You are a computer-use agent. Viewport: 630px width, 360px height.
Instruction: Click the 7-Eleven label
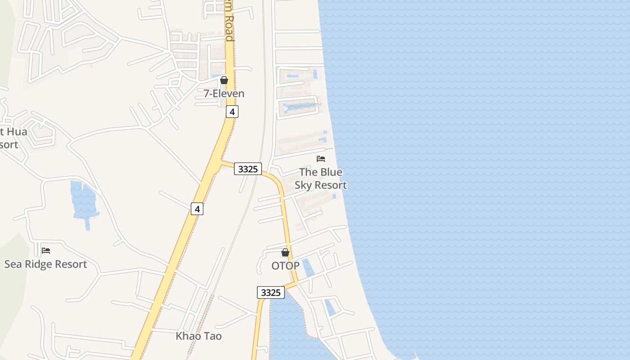coord(224,94)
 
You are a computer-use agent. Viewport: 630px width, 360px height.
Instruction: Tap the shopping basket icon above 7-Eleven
coord(224,81)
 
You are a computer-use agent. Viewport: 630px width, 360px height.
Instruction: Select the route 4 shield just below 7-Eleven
coord(232,112)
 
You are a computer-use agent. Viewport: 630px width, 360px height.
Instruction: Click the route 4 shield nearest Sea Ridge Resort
coord(197,208)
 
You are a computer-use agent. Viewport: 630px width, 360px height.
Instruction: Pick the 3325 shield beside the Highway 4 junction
coord(247,169)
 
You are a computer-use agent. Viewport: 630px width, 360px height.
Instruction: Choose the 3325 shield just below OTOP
coord(271,292)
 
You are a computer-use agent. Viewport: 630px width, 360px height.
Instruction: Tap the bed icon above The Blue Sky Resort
coord(321,159)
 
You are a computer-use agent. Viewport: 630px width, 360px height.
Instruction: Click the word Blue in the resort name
coord(331,172)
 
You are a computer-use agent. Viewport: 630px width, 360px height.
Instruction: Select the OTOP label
coord(285,266)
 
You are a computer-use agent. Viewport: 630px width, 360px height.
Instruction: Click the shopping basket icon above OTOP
coord(285,252)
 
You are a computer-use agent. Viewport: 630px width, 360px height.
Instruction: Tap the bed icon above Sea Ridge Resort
coord(45,251)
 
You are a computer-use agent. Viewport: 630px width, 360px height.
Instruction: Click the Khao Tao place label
coord(198,336)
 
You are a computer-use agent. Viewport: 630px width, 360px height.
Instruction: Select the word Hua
coord(18,132)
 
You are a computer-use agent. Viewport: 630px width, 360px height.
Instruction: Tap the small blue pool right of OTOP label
coord(308,268)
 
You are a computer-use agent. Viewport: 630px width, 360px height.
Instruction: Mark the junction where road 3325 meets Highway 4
coord(220,162)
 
